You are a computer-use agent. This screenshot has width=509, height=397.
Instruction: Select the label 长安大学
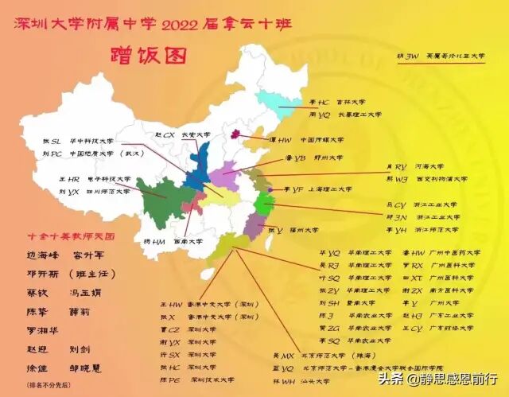[x=195, y=135]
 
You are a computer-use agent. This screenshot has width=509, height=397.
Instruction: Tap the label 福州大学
[x=305, y=231]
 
